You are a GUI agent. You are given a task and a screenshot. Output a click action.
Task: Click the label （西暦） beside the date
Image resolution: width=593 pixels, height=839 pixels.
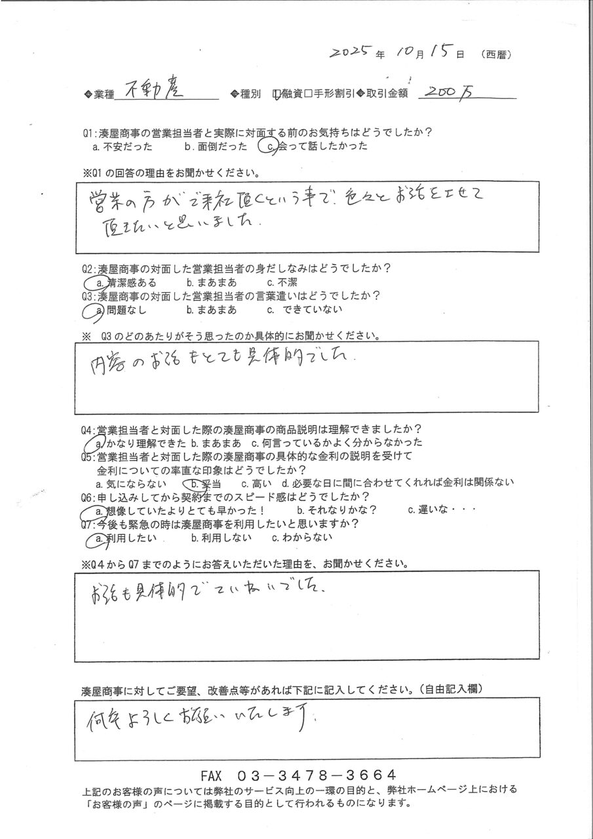[x=496, y=54]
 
